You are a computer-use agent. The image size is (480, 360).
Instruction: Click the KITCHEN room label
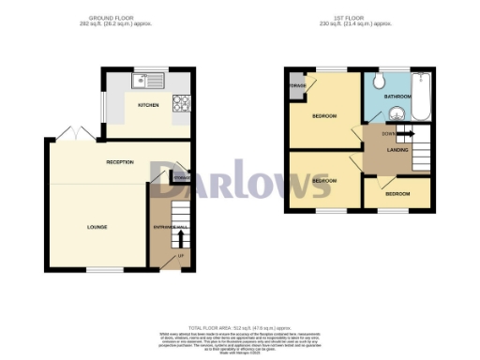coord(148,105)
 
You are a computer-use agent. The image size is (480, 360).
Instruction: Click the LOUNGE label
coord(97,227)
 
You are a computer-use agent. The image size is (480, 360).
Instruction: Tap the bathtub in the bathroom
coord(419,98)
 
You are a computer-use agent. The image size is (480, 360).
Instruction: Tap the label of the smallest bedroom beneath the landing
coord(396,194)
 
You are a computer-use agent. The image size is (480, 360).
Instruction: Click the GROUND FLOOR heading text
coord(134,17)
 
